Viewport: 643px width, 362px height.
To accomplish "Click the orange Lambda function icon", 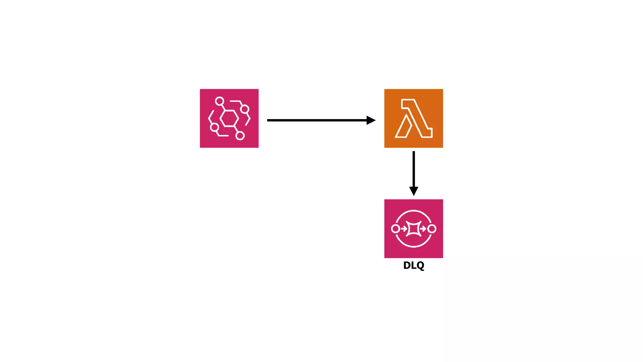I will [413, 118].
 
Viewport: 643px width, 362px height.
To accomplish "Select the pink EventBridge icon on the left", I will [229, 118].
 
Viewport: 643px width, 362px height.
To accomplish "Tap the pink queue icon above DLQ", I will [413, 228].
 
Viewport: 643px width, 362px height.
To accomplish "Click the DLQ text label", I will [413, 266].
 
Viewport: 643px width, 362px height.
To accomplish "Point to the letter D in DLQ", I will [407, 266].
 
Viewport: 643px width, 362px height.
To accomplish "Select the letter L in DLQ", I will [413, 266].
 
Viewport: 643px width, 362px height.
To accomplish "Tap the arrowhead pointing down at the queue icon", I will [413, 191].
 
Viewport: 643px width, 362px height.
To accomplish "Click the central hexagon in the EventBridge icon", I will [229, 118].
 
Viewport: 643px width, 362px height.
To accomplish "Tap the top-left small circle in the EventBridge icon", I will [219, 101].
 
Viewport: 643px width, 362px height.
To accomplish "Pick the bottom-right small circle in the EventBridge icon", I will [240, 136].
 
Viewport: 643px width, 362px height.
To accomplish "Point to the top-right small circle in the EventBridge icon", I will [245, 109].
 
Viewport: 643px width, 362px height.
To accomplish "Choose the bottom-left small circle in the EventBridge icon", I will [214, 127].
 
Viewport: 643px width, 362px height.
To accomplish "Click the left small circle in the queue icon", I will [396, 228].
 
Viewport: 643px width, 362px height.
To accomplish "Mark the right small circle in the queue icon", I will [432, 228].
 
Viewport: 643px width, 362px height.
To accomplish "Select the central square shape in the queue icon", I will [413, 228].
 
